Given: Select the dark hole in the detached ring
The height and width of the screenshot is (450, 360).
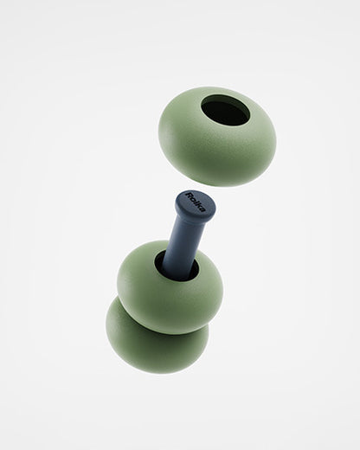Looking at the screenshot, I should pos(225,111).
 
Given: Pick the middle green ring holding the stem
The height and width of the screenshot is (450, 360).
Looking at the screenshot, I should pos(138,286).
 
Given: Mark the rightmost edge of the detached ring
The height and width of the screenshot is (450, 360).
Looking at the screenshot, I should pos(275,138).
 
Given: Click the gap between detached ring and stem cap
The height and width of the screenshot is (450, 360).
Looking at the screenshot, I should pos(208,189).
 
